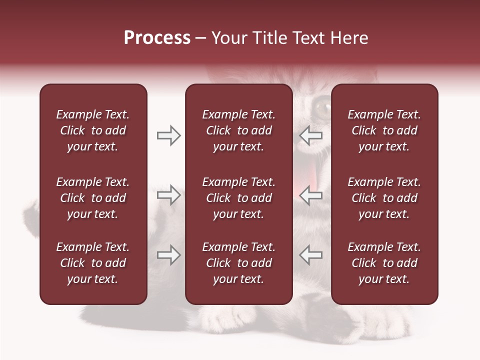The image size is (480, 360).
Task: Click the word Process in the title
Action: tap(157, 38)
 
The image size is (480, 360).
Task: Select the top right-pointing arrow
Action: tap(168, 135)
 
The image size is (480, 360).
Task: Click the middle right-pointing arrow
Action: tap(168, 195)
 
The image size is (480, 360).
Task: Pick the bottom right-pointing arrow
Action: tap(168, 255)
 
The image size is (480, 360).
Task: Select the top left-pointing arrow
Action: tap(311, 135)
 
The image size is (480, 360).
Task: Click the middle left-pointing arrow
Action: tap(311, 195)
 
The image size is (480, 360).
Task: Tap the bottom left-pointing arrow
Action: tap(311, 255)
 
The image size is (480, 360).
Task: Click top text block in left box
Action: tap(93, 130)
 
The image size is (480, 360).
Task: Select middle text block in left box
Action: tap(93, 198)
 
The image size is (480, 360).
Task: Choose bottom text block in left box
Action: tap(93, 263)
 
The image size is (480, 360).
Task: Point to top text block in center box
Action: tap(238, 130)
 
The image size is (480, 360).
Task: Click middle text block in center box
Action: tap(238, 198)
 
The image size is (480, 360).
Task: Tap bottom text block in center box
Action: tap(238, 263)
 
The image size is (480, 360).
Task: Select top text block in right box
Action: tap(384, 130)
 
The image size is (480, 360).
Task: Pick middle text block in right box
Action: tap(384, 198)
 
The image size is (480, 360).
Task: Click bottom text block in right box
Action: tap(384, 263)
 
